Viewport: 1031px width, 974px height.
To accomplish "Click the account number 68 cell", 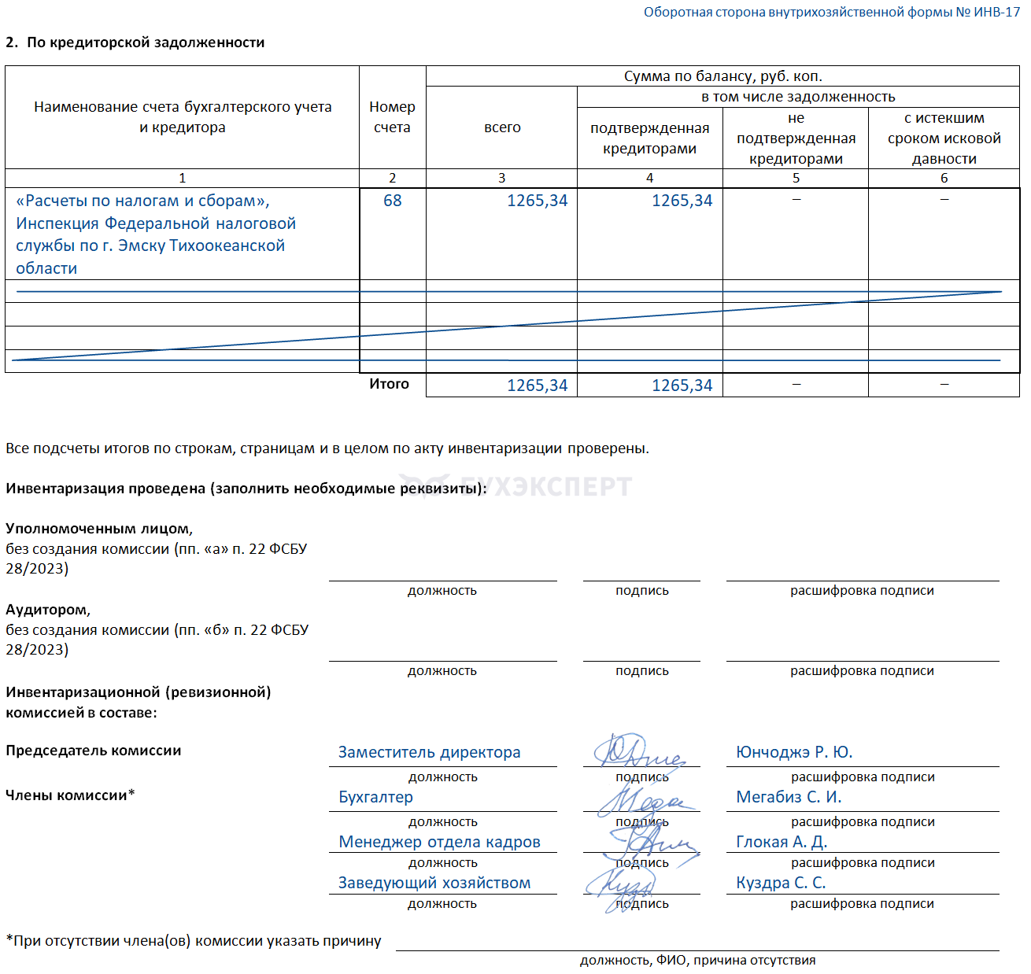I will [392, 201].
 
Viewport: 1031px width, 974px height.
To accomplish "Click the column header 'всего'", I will [502, 127].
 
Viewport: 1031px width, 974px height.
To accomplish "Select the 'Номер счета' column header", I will [392, 117].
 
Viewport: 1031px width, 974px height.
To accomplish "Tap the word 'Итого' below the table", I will [390, 384].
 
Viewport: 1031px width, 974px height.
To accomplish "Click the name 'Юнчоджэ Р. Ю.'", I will [794, 753].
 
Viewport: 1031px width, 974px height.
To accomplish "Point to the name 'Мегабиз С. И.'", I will [789, 798].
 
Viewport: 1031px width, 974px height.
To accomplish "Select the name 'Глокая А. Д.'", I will [782, 843].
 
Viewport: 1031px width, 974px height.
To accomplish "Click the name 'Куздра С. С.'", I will [781, 884].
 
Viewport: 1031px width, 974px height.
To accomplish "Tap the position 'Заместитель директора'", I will [429, 753].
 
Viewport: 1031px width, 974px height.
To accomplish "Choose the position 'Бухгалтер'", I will [375, 798].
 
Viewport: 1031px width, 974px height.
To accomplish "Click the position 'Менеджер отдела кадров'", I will [439, 843].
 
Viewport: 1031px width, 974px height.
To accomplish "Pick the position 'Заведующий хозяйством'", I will [434, 884].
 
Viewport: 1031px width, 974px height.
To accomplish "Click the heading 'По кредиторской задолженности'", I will [146, 42].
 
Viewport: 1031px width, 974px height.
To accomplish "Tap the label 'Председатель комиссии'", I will [94, 751].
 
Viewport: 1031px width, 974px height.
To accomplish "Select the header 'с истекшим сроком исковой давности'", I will [944, 138].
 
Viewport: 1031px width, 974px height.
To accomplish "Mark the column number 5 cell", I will [796, 178].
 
